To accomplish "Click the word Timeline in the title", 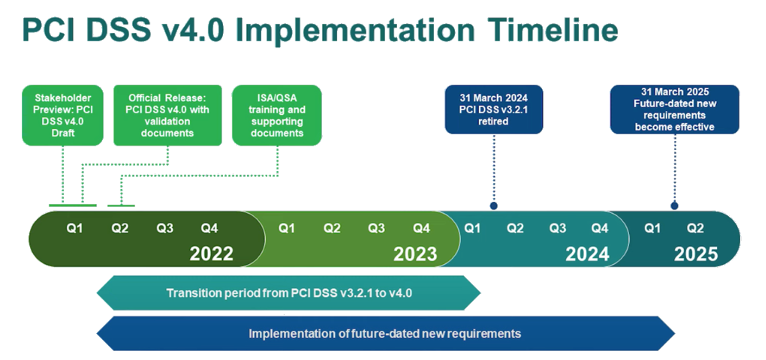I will [x=552, y=30].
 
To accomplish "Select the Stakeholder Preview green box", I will [x=63, y=115].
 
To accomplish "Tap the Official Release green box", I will [x=168, y=115].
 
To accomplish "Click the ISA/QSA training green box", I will [x=277, y=115].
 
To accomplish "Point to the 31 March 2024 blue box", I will [x=493, y=110].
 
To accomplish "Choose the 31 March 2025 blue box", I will [x=674, y=110].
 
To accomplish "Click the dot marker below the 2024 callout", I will [x=493, y=206].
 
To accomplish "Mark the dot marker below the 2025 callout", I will [x=674, y=206].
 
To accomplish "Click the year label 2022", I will [x=211, y=254].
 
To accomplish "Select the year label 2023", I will [x=415, y=254].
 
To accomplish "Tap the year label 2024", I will [x=587, y=254].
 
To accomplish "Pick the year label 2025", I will [x=696, y=254].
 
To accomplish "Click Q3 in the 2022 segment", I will [x=164, y=228].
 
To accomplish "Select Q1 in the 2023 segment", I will [x=286, y=228].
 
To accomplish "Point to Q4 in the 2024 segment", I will [x=599, y=228].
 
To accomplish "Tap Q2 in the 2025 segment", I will [x=695, y=228].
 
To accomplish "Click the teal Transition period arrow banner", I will [x=289, y=293].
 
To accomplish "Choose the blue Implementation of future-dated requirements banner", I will [x=385, y=334].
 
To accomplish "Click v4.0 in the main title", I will [x=193, y=30].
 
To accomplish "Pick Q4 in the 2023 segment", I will [x=421, y=228].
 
